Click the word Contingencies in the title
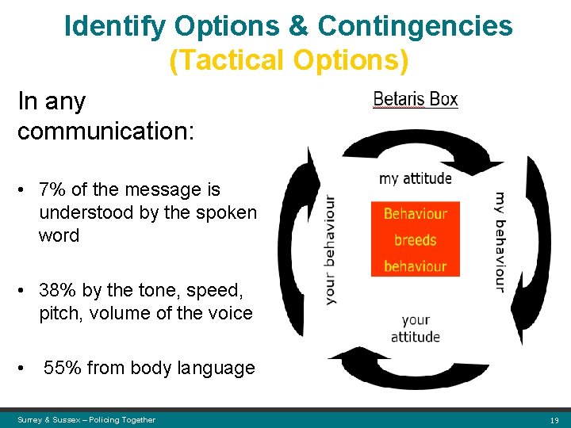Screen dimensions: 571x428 [415, 26]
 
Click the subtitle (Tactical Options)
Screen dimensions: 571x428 [289, 60]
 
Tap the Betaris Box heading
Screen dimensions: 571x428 [416, 100]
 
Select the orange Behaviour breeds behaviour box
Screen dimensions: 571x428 [415, 239]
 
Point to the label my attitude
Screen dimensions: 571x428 [415, 178]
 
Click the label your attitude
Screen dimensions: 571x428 [416, 328]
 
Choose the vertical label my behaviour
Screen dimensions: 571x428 [500, 242]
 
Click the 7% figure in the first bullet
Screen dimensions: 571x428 [52, 190]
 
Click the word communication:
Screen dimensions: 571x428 [105, 131]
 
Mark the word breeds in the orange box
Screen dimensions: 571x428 [415, 239]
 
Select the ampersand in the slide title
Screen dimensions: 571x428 [299, 26]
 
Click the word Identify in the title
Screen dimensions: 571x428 [115, 26]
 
